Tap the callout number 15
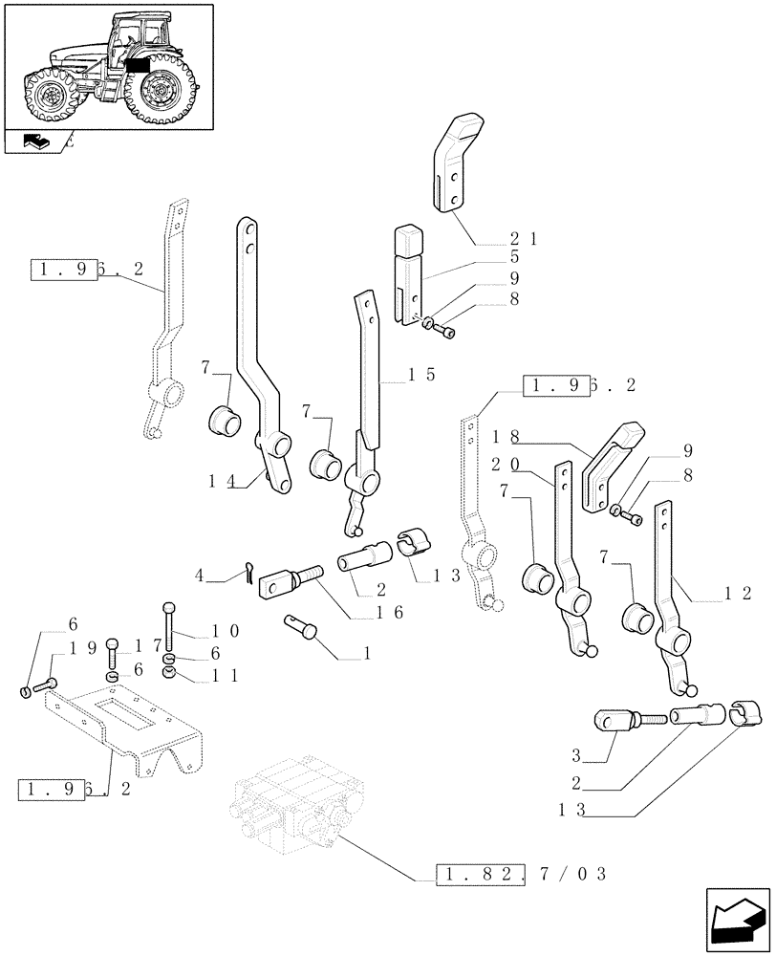click(421, 375)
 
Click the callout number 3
click(577, 755)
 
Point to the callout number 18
click(506, 436)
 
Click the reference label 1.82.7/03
click(521, 874)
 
